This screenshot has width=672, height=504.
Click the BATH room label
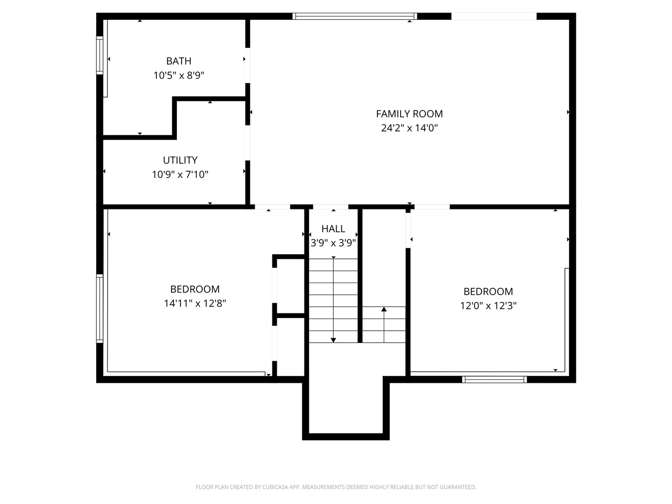coord(179,61)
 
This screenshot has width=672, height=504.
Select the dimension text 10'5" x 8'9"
coord(179,75)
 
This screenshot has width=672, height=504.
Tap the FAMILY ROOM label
coord(409,114)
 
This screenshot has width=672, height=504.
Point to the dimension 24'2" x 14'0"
coord(409,128)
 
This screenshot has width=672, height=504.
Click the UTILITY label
coord(180,160)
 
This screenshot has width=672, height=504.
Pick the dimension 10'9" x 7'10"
coord(180,174)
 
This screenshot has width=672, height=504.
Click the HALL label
coord(333,228)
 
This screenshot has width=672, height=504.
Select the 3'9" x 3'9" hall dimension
coord(333,243)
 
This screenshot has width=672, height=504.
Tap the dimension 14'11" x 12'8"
coord(195,303)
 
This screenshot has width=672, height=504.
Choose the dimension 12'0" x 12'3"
coord(488,306)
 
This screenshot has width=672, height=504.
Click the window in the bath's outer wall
coord(100,56)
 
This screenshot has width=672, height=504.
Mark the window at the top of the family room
coord(355,16)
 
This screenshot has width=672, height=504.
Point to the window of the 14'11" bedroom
coord(100,309)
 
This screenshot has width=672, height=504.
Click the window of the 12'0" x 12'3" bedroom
coord(495,380)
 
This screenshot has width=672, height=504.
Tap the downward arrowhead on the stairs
coord(333,340)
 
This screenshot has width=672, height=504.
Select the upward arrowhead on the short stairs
coord(384,309)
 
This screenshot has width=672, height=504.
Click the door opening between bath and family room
coord(248,66)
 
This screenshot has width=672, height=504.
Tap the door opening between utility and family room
coord(248,143)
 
